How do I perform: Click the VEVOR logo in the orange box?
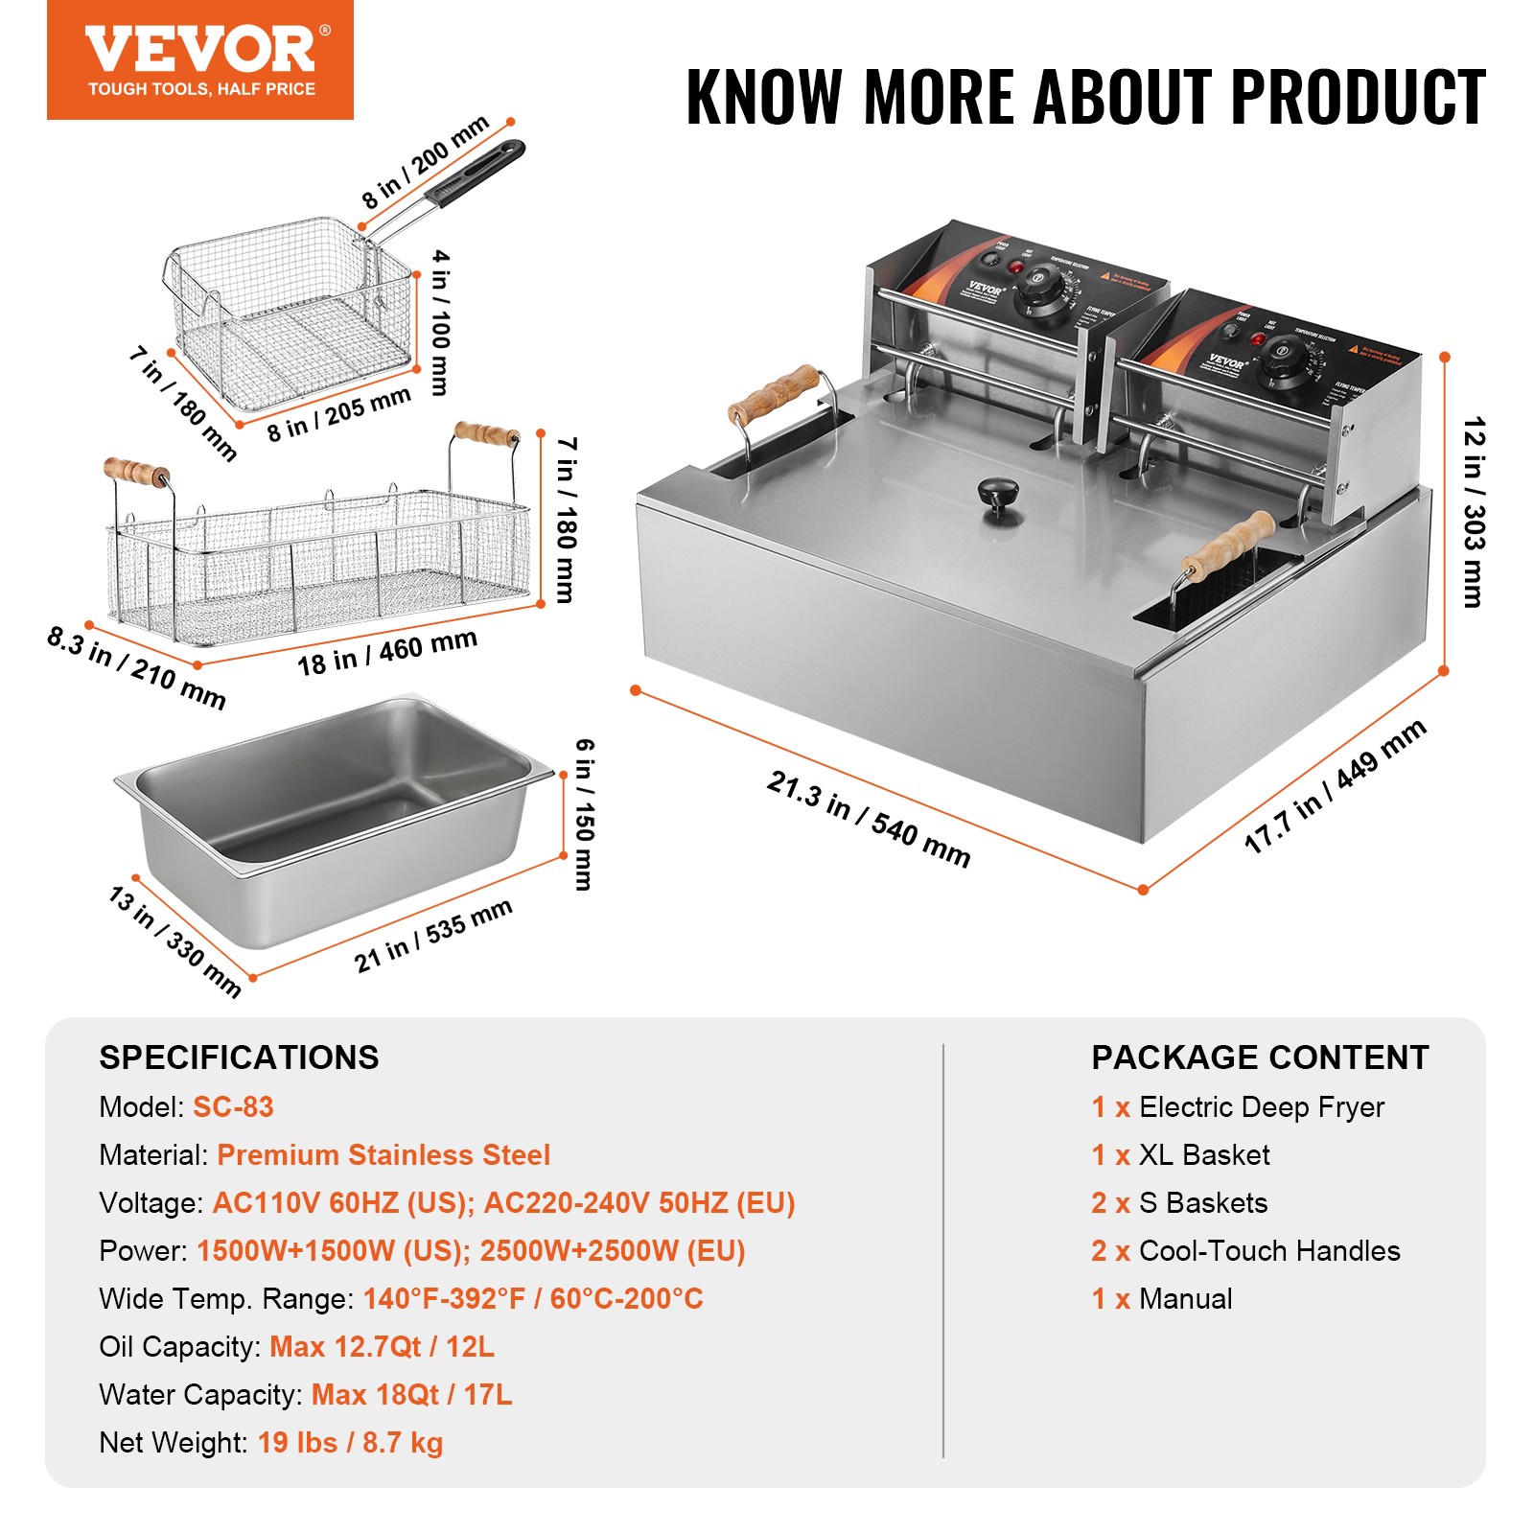(199, 51)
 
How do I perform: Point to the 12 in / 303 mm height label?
(1473, 512)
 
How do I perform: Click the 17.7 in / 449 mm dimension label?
(1335, 786)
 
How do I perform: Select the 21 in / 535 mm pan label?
(432, 935)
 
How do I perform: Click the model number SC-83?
(233, 1107)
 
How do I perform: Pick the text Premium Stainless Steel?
(383, 1155)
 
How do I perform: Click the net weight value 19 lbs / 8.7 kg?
(350, 1443)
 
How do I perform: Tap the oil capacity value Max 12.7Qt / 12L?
(382, 1347)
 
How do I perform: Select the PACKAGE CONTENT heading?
(1260, 1058)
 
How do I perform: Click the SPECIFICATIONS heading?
(239, 1058)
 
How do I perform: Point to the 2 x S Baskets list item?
(1179, 1203)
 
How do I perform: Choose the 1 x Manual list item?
(1162, 1299)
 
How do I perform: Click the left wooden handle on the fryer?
(774, 393)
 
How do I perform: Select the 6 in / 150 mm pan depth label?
(584, 814)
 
